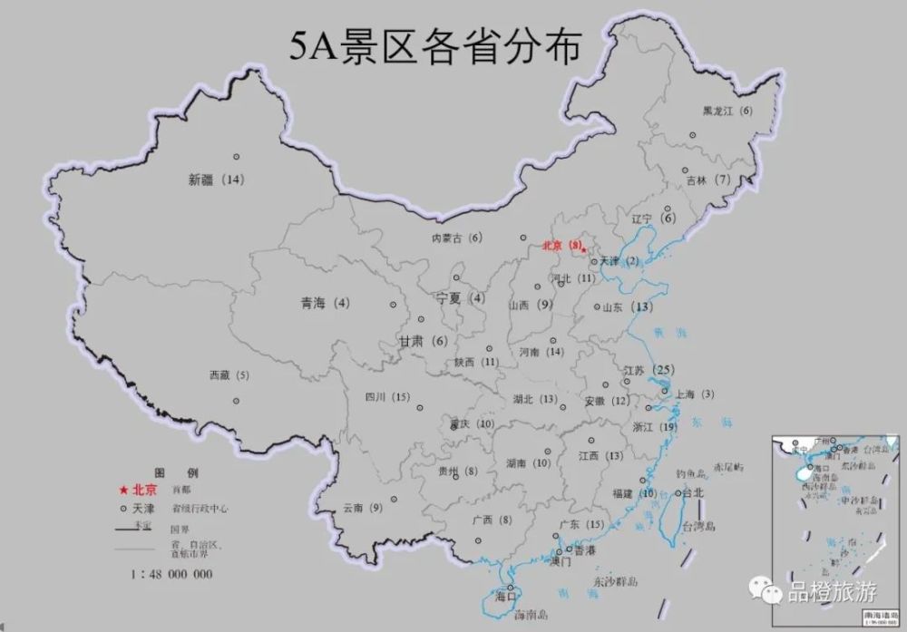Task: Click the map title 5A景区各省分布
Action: [x=434, y=46]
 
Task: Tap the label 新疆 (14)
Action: [x=217, y=180]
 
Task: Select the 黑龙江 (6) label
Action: [x=727, y=111]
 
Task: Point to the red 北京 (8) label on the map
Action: [x=561, y=245]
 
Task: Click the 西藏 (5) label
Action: [x=229, y=374]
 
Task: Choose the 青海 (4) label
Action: [x=325, y=303]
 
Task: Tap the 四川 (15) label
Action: [x=387, y=396]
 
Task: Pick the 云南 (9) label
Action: [x=363, y=509]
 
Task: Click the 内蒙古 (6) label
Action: [x=457, y=238]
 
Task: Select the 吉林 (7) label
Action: [x=709, y=180]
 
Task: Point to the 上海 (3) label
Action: [x=696, y=394]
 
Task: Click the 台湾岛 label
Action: [x=699, y=526]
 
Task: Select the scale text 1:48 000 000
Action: [x=172, y=574]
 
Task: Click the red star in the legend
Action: [x=122, y=490]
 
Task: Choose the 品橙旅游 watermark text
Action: [x=832, y=593]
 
